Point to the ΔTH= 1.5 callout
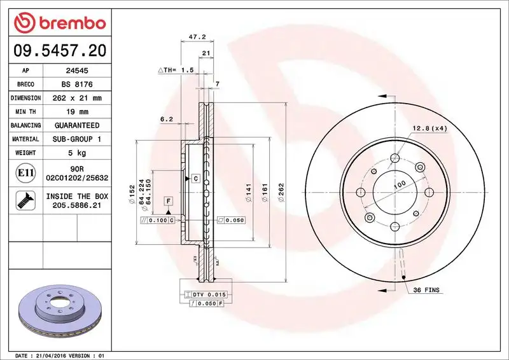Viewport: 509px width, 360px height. pos(176,69)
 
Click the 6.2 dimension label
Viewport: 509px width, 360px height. pos(167,119)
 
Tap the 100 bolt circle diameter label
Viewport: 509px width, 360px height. pos(399,184)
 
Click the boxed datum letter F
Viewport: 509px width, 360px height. pos(169,202)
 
